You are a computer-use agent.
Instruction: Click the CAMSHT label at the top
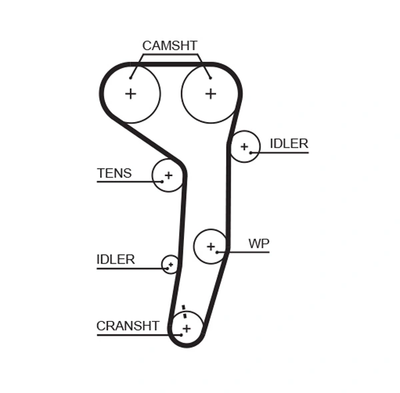coord(169,46)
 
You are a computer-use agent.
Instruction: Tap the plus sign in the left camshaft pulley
coord(131,94)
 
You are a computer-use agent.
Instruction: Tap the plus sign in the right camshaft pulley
coord(211,94)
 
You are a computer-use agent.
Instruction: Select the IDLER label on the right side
coord(289,143)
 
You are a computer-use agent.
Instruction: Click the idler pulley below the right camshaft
coord(244,147)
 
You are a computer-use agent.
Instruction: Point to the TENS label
coord(114,173)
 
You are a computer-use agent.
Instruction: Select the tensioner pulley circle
coord(168,175)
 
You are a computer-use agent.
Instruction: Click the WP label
coord(259,244)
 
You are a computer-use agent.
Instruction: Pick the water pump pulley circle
coord(211,247)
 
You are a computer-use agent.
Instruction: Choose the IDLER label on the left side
coord(115,260)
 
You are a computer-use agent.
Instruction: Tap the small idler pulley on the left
coord(171,264)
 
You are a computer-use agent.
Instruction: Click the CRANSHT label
coord(127,326)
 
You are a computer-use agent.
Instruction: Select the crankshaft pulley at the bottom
coord(187,328)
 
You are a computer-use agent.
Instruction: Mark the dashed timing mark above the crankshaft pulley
coord(183,312)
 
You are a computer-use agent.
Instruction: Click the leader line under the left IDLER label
coord(127,268)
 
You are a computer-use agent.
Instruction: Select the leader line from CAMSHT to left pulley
coord(135,65)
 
